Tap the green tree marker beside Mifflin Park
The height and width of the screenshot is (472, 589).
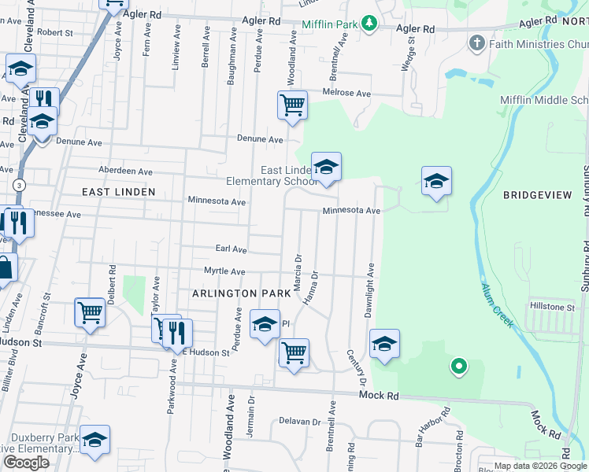point(369,24)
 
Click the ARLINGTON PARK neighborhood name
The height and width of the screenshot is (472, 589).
point(235,293)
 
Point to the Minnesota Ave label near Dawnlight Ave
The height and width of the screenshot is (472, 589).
point(351,211)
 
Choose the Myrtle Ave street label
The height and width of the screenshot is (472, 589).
point(225,271)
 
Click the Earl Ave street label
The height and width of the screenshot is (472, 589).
point(232,249)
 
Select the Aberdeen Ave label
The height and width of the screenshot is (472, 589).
point(126,171)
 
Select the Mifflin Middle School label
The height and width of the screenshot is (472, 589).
point(544,100)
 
